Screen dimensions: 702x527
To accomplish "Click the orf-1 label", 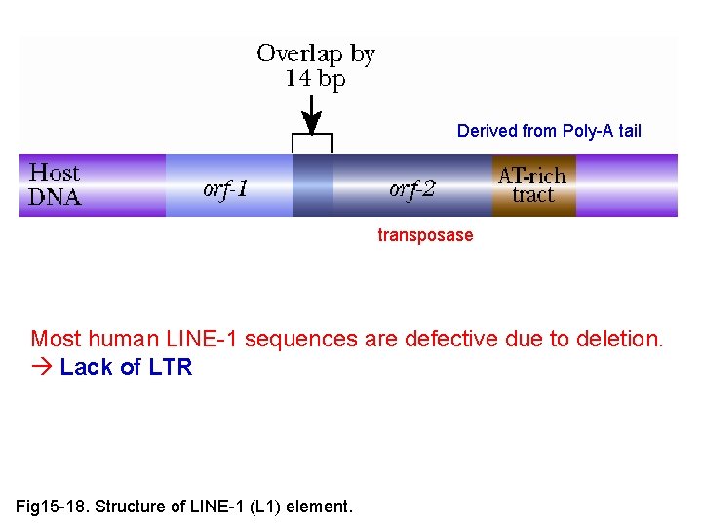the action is (x=225, y=189).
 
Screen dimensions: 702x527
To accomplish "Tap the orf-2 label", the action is (x=411, y=189).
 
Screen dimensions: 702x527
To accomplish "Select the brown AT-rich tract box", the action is (x=534, y=185).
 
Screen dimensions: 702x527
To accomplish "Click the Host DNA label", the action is (x=55, y=184).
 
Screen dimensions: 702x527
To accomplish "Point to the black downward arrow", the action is (x=312, y=115).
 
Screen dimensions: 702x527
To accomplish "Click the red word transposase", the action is (x=425, y=235).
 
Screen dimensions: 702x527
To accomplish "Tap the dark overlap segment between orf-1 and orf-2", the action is (x=313, y=185).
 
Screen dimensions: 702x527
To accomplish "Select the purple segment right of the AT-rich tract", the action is (x=627, y=185).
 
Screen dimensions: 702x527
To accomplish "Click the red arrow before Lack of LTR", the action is (x=42, y=367).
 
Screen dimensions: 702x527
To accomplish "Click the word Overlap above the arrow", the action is (x=299, y=55).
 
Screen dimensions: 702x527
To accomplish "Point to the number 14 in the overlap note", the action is (x=298, y=79).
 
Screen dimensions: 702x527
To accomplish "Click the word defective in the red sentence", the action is (x=451, y=339).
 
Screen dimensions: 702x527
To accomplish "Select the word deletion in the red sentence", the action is (x=620, y=339).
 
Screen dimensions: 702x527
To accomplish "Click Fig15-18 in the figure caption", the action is (x=50, y=507).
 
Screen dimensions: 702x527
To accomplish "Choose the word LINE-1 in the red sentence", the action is (x=201, y=339).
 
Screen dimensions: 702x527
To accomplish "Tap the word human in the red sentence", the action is (x=124, y=339).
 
